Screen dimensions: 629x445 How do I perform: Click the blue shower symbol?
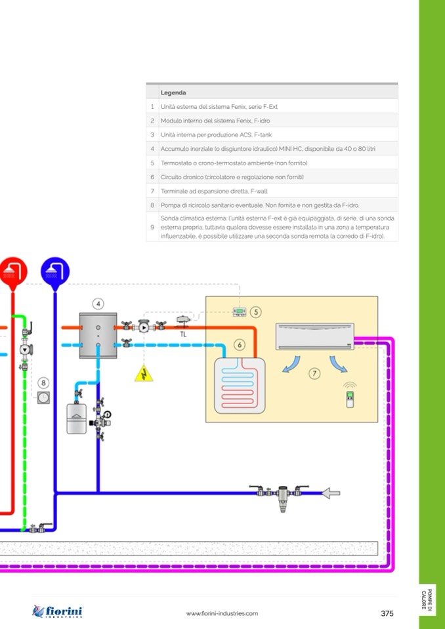(55, 271)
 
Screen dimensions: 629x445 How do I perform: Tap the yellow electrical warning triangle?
(141, 373)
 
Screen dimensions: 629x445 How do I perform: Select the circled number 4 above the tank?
(98, 303)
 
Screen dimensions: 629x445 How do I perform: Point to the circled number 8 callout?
(43, 382)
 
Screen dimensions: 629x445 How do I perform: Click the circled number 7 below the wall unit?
(314, 373)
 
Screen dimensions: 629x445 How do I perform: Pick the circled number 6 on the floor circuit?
(240, 344)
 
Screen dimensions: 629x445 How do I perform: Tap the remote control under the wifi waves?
(349, 399)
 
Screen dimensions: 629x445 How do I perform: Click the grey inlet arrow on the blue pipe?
(331, 492)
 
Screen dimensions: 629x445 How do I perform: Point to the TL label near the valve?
(184, 333)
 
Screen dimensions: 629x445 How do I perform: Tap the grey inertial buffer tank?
(97, 335)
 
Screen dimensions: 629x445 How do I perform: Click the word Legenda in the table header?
(173, 92)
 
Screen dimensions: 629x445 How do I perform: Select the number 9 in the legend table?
(152, 226)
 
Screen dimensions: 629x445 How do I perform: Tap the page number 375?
(387, 613)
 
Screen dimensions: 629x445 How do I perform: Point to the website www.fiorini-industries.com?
(222, 613)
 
